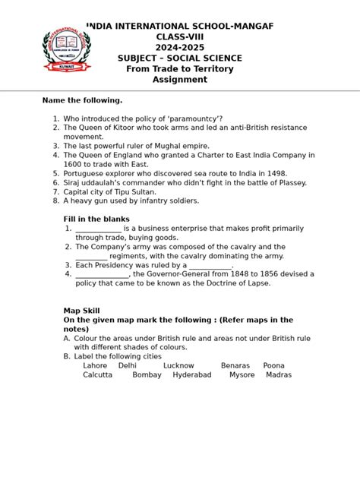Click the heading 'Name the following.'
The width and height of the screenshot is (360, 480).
82,100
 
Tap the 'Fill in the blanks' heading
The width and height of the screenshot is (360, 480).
96,219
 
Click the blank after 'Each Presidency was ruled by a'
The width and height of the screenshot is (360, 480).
210,266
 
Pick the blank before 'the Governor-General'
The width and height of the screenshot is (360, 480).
102,275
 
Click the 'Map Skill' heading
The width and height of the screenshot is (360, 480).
81,311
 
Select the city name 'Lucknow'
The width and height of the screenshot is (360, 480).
178,365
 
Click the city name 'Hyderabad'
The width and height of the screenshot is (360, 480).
191,374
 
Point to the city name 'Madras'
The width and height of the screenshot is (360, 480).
279,374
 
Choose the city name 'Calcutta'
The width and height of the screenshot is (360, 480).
97,374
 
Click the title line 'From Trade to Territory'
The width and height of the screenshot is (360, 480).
179,69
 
